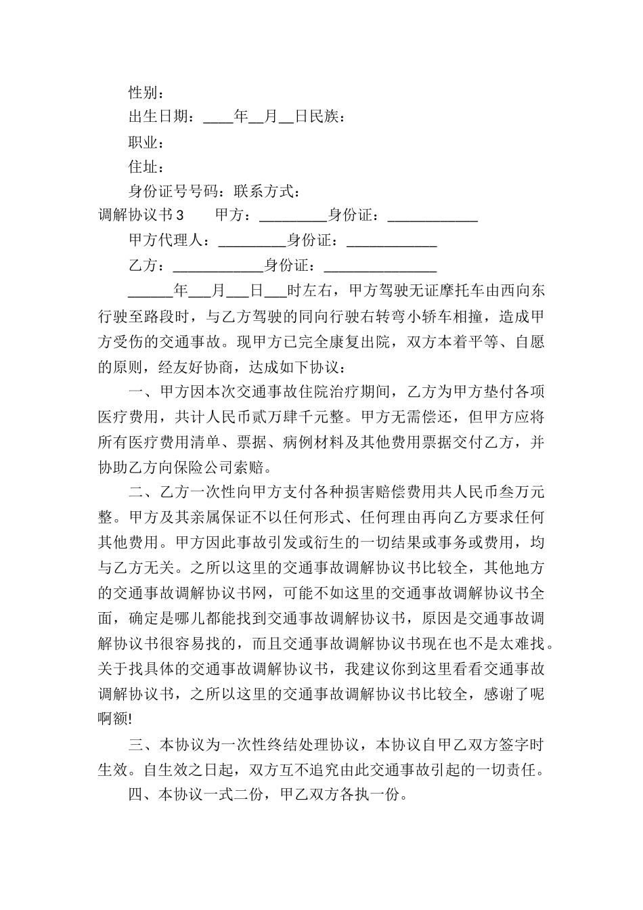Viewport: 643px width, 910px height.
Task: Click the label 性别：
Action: pos(146,93)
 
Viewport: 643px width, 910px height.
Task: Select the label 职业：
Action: pos(146,142)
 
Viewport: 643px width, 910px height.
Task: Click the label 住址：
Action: pos(146,167)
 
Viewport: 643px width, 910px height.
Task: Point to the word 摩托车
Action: pos(469,290)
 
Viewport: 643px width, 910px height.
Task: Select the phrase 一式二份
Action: pos(234,794)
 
